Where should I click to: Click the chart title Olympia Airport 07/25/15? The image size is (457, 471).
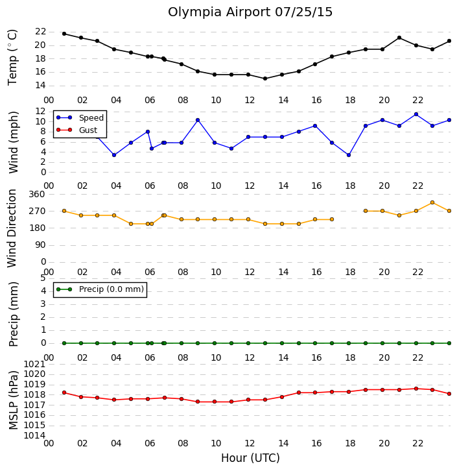coord(250,12)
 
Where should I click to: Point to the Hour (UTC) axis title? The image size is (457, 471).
coord(250,458)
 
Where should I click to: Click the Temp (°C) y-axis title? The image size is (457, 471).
coord(12,57)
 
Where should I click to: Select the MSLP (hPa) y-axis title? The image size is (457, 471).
coord(14,400)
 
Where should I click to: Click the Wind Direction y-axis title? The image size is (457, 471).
coord(12,228)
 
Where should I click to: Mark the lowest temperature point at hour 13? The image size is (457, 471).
coord(265,78)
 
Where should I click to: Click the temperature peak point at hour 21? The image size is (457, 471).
coord(399,38)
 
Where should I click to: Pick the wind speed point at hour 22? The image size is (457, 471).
coord(416,114)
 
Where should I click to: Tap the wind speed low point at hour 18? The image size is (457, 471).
coord(349,155)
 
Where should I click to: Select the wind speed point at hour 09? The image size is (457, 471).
coord(198,120)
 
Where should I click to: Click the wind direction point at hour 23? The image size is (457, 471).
coord(432,202)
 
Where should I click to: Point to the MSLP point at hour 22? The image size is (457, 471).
coord(416,389)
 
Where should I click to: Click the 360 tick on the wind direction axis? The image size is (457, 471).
coord(37,195)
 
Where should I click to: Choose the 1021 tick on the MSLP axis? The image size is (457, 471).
coord(34,365)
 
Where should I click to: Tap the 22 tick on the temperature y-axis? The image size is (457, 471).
coord(40,32)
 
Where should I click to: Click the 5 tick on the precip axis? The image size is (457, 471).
coord(43,278)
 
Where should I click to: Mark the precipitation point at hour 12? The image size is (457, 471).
coord(248,343)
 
